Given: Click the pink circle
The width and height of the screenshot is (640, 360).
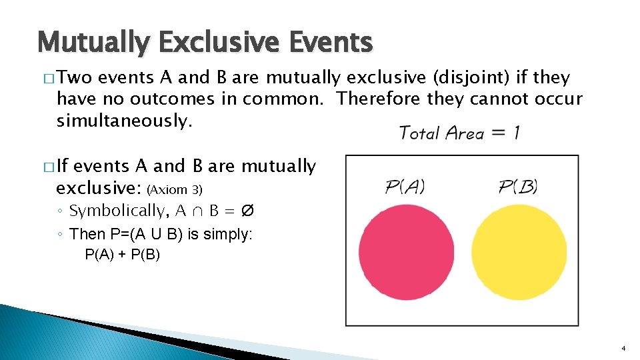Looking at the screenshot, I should coord(397,249).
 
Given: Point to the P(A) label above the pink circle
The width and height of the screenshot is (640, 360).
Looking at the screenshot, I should coord(405,187).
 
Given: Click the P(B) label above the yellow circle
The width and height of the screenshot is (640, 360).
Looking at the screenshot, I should coord(518,187).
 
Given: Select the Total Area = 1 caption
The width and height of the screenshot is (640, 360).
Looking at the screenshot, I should coord(459,133).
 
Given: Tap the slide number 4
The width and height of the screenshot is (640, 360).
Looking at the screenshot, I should coord(623,349).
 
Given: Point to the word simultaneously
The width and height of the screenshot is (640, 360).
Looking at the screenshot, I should coord(125,121).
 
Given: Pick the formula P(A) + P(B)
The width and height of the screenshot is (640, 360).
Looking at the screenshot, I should coord(123,255).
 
